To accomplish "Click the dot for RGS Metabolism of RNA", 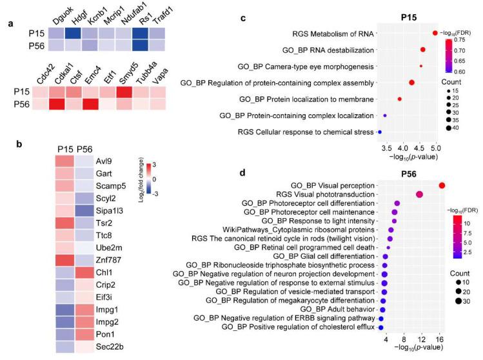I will [435, 32].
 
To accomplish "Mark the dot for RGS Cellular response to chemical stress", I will [380, 132].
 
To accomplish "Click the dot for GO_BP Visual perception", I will [442, 186].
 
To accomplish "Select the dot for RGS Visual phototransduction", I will [420, 194].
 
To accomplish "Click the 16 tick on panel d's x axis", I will [440, 339].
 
